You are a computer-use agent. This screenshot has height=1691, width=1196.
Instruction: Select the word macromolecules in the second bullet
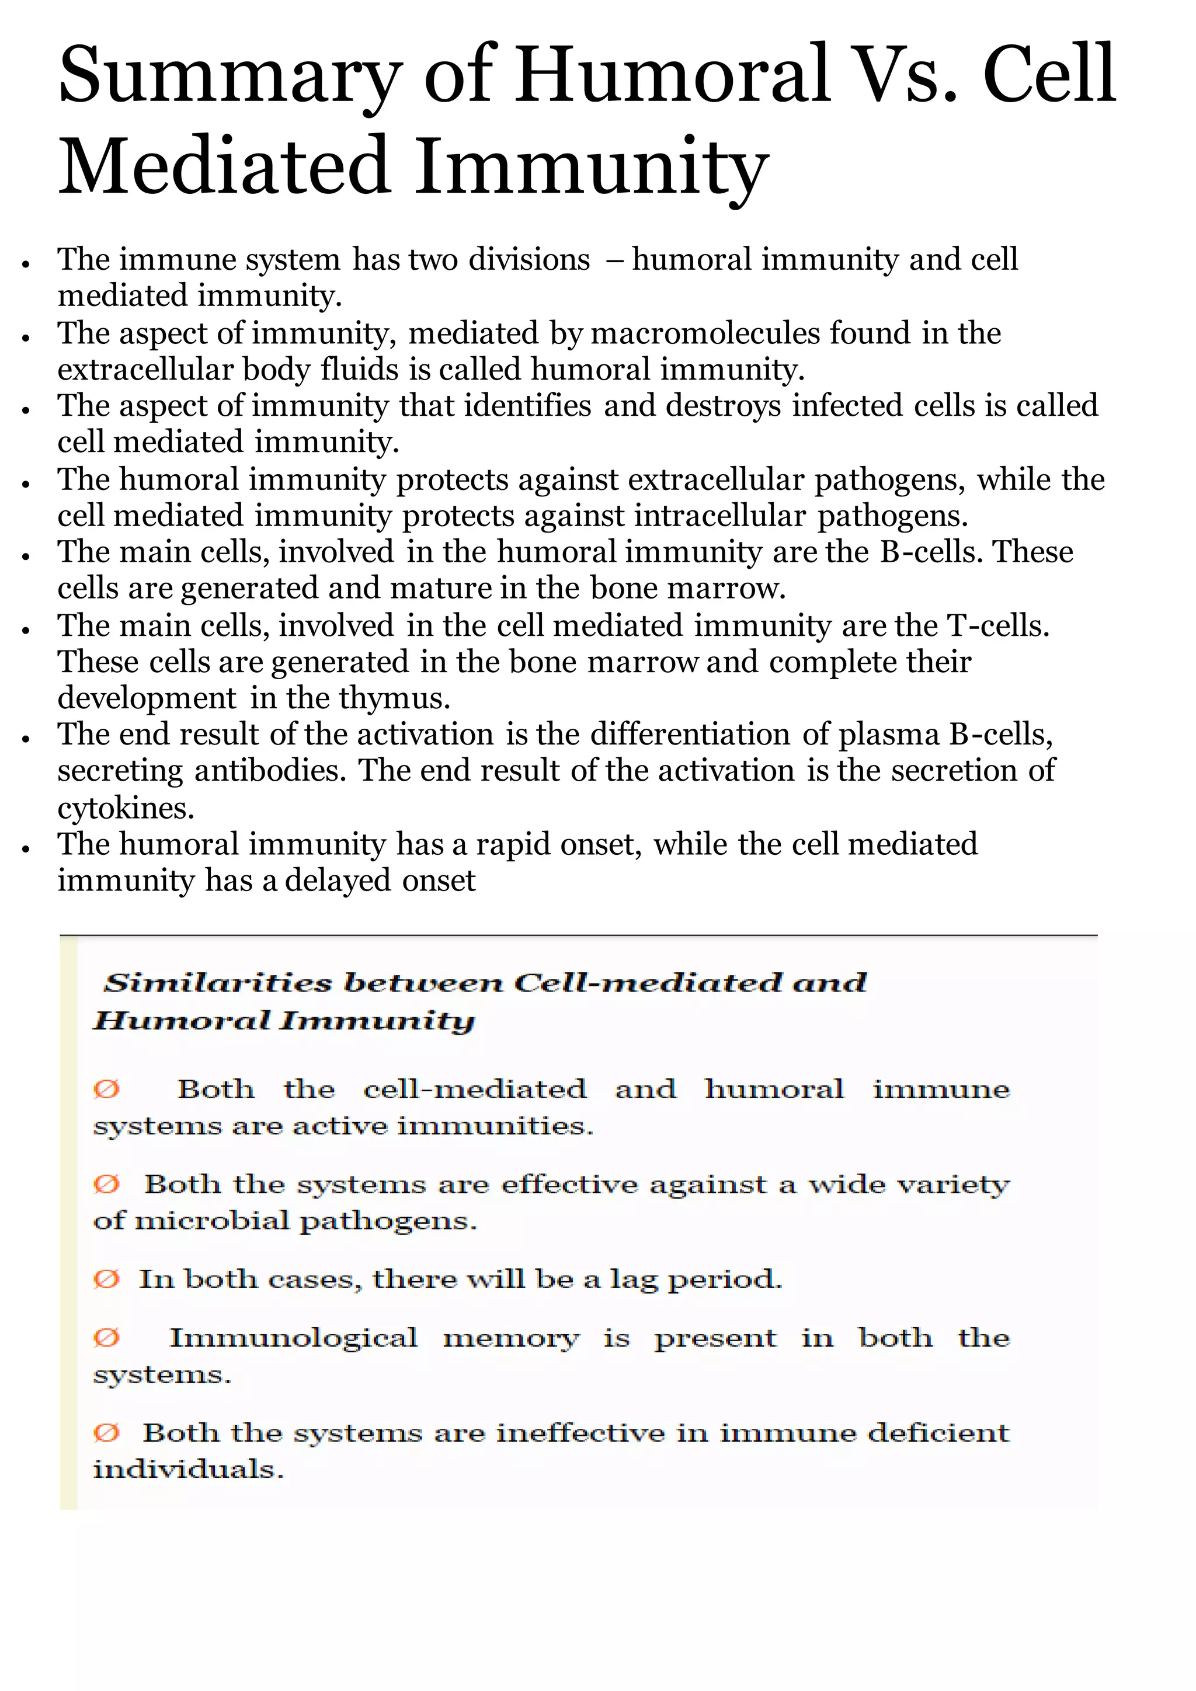coord(705,333)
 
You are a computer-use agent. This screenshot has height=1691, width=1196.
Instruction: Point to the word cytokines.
coord(125,809)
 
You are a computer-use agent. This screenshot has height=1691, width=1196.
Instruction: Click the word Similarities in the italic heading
coord(218,983)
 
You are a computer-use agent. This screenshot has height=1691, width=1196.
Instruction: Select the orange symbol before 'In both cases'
coord(106,1279)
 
